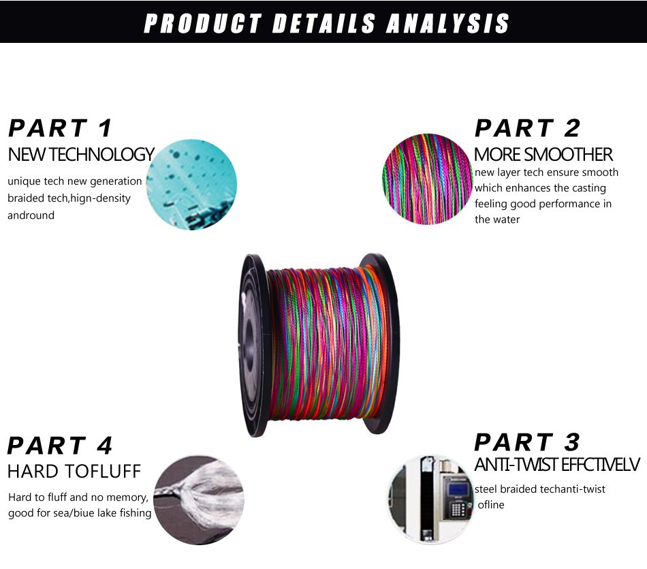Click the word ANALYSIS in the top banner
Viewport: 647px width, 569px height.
447,23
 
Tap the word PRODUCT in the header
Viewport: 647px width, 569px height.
202,23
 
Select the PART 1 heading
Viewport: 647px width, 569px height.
60,128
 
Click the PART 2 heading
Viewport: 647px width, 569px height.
528,128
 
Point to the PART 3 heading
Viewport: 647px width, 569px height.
527,442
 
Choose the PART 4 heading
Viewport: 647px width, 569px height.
60,446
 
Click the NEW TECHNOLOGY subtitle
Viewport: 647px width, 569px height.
81,155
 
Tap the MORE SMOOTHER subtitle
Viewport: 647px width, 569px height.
543,155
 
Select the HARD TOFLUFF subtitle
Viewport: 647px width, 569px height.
74,471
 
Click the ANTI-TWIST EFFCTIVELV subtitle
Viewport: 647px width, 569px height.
557,465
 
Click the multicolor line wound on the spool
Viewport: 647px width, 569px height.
320,344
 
